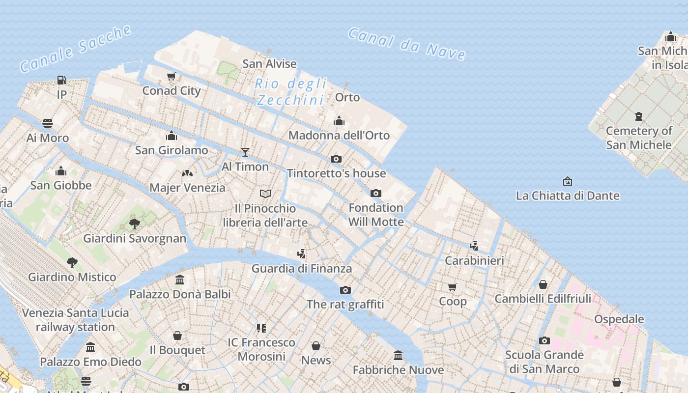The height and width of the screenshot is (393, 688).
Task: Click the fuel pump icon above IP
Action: pyautogui.click(x=61, y=80)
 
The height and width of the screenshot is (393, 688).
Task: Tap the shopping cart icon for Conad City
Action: pyautogui.click(x=172, y=76)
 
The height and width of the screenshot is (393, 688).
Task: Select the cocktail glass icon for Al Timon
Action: pyautogui.click(x=245, y=152)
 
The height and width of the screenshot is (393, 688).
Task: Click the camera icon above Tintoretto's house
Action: pyautogui.click(x=336, y=159)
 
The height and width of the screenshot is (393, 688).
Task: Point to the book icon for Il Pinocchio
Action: pyautogui.click(x=265, y=194)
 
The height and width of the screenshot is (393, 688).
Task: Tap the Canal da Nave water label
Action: pyautogui.click(x=407, y=44)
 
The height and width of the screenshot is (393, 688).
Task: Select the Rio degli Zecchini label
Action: pyautogui.click(x=291, y=92)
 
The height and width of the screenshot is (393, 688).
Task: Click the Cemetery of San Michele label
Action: pyautogui.click(x=639, y=138)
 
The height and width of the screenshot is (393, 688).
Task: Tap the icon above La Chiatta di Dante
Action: pyautogui.click(x=568, y=181)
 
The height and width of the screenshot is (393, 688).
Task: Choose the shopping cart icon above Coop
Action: pyautogui.click(x=453, y=287)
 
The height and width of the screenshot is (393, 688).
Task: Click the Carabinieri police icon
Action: pyautogui.click(x=474, y=246)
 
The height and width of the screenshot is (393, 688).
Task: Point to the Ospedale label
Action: pyautogui.click(x=619, y=319)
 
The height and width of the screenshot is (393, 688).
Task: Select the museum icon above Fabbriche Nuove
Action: pyautogui.click(x=398, y=355)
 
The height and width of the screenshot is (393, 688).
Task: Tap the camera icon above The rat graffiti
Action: pyautogui.click(x=345, y=290)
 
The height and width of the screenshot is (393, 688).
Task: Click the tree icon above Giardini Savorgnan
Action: pyautogui.click(x=134, y=224)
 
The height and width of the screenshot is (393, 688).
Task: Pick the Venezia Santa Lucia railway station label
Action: pyautogui.click(x=76, y=320)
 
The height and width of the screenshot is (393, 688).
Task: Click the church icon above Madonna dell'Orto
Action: pyautogui.click(x=339, y=121)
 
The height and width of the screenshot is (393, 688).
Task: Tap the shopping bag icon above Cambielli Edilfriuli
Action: pyautogui.click(x=543, y=284)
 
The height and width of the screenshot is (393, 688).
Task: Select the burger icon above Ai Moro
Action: pyautogui.click(x=48, y=123)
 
